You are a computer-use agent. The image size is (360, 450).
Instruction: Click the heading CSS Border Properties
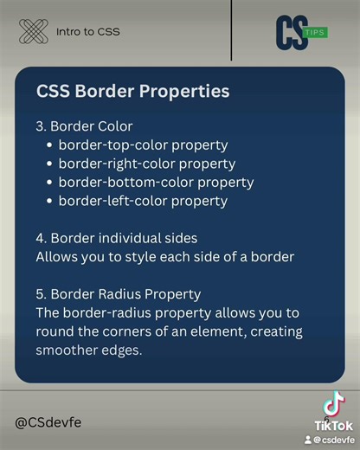(132, 91)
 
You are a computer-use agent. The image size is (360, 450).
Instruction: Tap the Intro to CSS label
(88, 32)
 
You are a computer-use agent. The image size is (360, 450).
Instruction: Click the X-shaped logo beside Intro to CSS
(34, 32)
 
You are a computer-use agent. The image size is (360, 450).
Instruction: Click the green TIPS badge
(316, 33)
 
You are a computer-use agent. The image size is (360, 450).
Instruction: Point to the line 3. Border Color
(84, 126)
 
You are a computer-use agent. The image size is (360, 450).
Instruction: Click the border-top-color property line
(143, 145)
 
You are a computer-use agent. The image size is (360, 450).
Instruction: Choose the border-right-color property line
(147, 164)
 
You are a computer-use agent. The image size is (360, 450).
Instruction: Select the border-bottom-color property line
(156, 183)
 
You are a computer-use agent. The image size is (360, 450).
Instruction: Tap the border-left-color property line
(143, 202)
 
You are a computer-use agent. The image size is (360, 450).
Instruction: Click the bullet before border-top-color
(49, 145)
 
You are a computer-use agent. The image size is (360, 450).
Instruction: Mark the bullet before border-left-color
(49, 202)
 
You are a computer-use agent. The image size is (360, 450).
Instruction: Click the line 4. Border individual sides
(117, 238)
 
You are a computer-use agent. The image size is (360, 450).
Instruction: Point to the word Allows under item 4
(55, 257)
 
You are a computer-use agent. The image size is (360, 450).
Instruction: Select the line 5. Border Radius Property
(119, 294)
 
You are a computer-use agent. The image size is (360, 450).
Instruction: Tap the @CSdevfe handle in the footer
(48, 422)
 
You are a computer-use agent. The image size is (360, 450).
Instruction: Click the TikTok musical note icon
(333, 405)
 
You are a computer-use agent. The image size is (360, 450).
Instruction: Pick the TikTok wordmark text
(333, 426)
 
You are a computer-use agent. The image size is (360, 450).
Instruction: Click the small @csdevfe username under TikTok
(332, 440)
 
